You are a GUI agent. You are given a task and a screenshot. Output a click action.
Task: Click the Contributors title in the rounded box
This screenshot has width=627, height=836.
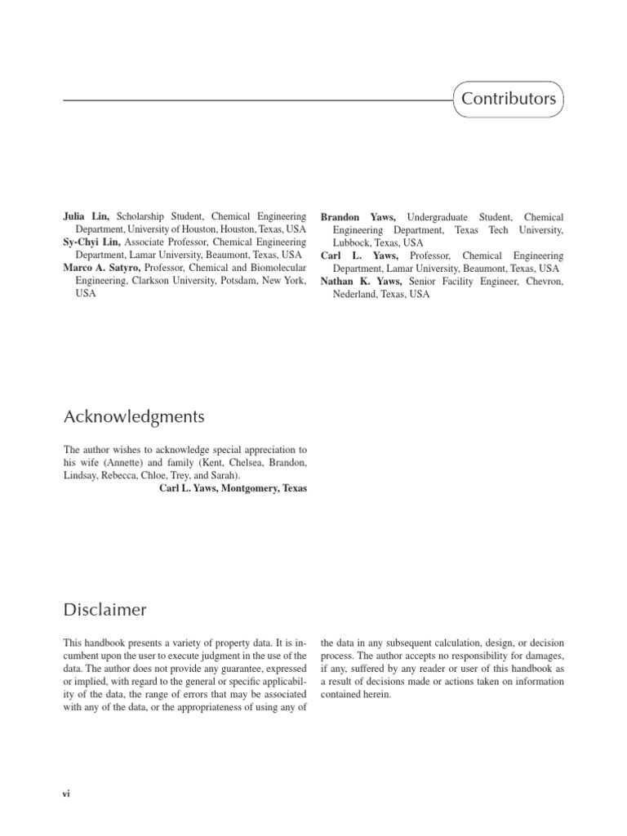click(509, 100)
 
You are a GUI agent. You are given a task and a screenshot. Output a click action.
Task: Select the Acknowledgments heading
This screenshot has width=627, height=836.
click(134, 417)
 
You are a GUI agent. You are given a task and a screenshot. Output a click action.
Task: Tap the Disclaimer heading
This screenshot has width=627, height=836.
click(105, 609)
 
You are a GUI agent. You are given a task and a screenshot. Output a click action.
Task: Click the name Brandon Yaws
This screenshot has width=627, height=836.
click(358, 217)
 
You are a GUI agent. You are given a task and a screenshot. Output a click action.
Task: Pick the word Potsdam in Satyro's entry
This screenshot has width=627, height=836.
click(238, 281)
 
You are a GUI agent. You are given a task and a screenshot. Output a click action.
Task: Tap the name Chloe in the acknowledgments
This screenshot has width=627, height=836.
click(178, 475)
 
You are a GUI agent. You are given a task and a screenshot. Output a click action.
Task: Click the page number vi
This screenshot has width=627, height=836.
click(67, 793)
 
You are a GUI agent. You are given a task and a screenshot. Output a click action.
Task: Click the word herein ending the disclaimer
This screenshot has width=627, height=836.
click(376, 694)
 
